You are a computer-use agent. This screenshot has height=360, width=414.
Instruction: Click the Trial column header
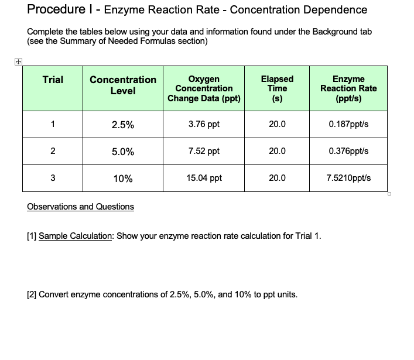click(53, 80)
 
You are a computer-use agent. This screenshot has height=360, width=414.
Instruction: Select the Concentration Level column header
click(123, 85)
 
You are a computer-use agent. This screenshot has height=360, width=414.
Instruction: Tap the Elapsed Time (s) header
click(277, 88)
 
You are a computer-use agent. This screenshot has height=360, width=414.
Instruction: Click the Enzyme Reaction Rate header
click(348, 88)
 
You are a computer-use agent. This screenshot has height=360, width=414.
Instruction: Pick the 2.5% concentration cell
click(123, 125)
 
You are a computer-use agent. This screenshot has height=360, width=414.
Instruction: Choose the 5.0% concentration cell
click(123, 152)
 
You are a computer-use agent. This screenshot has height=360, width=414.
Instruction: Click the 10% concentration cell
click(123, 179)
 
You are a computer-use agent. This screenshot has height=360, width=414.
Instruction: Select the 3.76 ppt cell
click(204, 124)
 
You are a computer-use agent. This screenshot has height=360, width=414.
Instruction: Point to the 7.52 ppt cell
click(204, 151)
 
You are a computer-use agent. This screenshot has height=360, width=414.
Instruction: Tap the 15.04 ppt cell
click(204, 178)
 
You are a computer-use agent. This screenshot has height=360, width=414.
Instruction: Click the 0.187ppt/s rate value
click(349, 124)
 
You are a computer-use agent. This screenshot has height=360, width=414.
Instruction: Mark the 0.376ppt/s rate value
click(349, 151)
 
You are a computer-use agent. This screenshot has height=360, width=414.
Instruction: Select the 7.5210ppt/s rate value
click(349, 178)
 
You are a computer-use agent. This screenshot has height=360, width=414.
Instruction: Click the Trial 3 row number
click(53, 178)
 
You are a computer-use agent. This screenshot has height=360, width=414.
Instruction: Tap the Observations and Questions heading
click(81, 207)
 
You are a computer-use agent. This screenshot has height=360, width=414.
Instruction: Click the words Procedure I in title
click(60, 10)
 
